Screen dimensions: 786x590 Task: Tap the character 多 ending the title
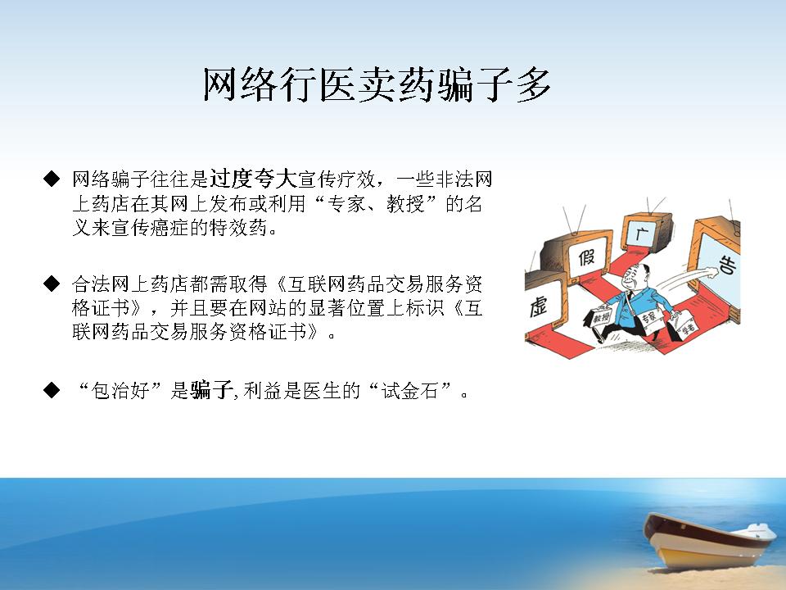[x=535, y=85]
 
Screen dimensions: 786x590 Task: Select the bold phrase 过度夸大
[x=253, y=179]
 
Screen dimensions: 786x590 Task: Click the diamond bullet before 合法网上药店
[x=52, y=284]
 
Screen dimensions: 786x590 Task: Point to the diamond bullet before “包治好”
[x=52, y=390]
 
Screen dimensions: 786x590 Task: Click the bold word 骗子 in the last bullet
[x=211, y=390]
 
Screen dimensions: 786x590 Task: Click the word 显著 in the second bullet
[x=327, y=307]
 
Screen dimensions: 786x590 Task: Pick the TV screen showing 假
[x=587, y=256]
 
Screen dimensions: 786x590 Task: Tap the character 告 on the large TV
[x=728, y=265]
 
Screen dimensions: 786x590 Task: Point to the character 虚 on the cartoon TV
[x=539, y=306]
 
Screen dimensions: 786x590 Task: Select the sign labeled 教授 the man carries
[x=600, y=317]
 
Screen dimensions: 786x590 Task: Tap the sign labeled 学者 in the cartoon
[x=688, y=325]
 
